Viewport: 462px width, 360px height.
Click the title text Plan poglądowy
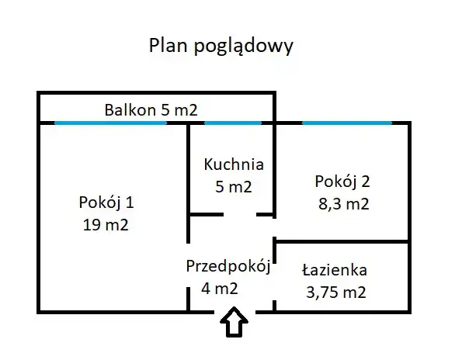[x=221, y=47]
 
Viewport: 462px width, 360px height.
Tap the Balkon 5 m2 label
[x=151, y=110]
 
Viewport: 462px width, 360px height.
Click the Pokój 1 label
[x=106, y=203]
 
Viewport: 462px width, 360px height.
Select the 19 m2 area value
[x=106, y=225]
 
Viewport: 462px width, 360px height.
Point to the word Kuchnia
[x=234, y=164]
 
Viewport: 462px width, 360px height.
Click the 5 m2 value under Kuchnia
[x=234, y=187]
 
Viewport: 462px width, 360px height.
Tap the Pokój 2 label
[x=342, y=182]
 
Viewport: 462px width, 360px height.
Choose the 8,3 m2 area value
[x=343, y=204]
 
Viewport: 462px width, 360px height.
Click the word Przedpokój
[x=228, y=267]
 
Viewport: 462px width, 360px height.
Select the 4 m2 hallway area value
[x=220, y=289]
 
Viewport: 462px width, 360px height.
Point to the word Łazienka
[x=335, y=270]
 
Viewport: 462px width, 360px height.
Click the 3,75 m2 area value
[x=336, y=292]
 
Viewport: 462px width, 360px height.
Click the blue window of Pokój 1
[x=110, y=123]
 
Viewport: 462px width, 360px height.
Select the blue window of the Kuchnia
[x=233, y=123]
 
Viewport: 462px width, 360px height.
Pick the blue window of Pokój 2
[x=347, y=123]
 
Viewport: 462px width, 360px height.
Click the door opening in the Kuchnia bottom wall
[x=240, y=215]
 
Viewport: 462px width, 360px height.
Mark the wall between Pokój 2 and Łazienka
[x=342, y=241]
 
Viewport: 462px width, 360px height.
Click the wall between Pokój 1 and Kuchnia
[x=188, y=183]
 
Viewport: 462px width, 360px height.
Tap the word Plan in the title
[x=168, y=45]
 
